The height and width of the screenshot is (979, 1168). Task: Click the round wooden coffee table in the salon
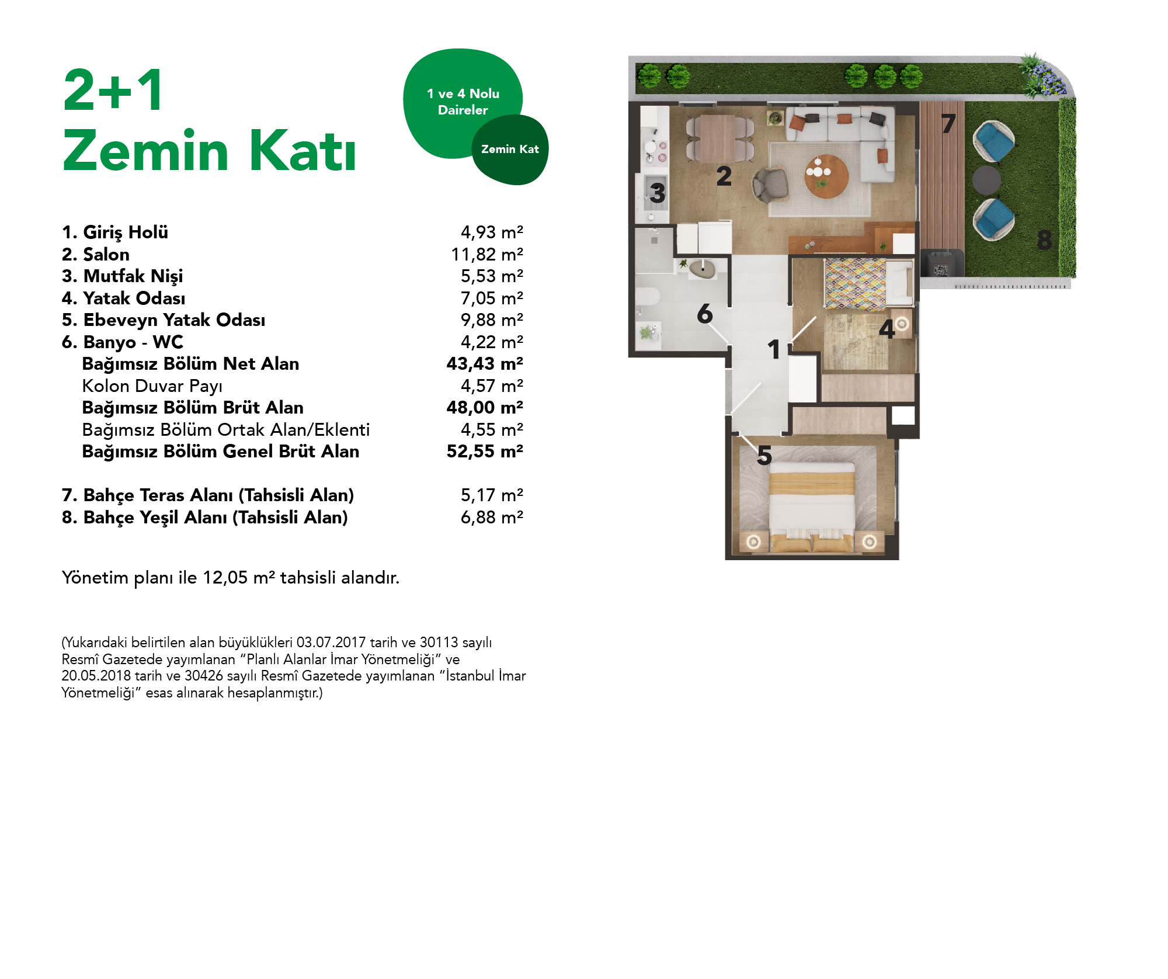tap(826, 176)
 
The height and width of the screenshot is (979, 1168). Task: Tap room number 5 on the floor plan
tap(764, 456)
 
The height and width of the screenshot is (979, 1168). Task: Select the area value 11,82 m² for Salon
tap(486, 255)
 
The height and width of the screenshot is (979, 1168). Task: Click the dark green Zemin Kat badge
tap(510, 150)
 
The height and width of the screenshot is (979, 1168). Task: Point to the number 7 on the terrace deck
tap(948, 124)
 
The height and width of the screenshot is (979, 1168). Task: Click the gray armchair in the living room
tap(770, 185)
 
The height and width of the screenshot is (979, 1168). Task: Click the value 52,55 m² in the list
tap(484, 452)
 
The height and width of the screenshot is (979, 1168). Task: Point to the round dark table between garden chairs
tap(986, 180)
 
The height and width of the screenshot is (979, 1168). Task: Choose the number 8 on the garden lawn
tap(1044, 239)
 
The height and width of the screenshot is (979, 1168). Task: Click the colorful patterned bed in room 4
tap(856, 284)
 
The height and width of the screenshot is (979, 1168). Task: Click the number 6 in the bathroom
tap(704, 314)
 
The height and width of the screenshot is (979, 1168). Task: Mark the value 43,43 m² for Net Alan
tap(484, 364)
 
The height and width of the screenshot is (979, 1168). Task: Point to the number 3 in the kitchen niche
tap(657, 193)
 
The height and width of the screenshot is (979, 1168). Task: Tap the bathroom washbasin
tap(701, 270)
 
